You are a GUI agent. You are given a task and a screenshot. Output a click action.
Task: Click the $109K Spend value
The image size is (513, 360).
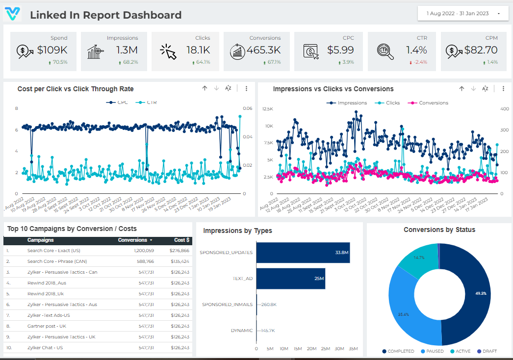point(52,50)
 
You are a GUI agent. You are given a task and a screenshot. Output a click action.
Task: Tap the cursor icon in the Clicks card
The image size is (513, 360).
point(168,51)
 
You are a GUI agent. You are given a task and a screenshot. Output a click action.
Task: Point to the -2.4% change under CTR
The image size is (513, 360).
point(419,62)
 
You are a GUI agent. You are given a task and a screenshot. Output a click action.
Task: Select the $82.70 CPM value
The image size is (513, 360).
point(481,50)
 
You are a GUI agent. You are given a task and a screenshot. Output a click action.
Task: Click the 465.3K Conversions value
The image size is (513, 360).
point(264,50)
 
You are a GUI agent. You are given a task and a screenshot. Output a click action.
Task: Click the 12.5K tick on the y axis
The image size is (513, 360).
point(268,108)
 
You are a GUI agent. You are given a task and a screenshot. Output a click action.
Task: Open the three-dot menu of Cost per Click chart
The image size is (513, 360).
point(246,89)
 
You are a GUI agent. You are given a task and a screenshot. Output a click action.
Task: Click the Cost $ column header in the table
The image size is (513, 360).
point(180,240)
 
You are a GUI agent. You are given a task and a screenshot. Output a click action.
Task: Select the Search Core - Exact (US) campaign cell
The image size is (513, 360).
point(53,251)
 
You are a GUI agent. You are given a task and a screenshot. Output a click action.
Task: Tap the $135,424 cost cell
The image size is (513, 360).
point(180,261)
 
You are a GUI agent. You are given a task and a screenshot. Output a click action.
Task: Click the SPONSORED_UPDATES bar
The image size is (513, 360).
point(303,253)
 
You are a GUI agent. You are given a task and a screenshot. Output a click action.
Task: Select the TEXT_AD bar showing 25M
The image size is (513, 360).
point(290,279)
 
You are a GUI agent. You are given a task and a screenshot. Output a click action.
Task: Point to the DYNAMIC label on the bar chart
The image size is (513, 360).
point(242,331)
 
